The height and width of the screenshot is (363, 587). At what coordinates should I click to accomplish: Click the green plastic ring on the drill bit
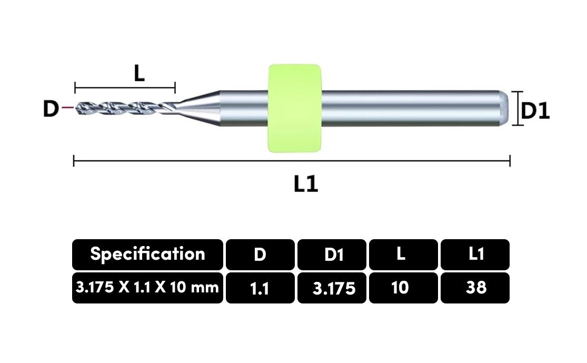pos(295,108)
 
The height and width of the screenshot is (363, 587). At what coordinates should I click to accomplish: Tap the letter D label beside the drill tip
pos(51,109)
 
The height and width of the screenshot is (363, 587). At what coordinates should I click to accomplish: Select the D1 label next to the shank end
pos(535,111)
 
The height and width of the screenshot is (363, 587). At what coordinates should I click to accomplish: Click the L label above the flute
pos(140,73)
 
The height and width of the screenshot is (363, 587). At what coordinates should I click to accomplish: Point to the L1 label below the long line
pos(306,183)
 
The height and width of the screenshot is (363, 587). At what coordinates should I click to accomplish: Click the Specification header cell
pos(147,254)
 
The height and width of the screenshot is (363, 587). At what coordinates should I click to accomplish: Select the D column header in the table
pos(260,254)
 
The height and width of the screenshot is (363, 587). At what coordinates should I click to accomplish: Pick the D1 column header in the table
pos(332,254)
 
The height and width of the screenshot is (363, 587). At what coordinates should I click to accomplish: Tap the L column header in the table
pos(403,254)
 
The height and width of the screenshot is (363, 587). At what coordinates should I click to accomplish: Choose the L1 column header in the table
pos(475,254)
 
